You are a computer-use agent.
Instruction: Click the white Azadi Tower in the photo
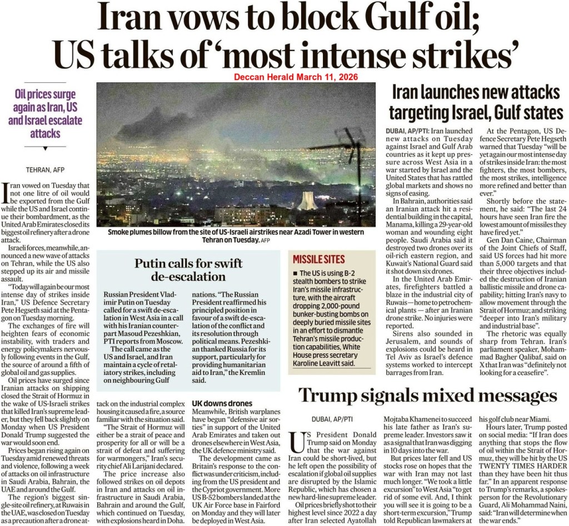click(x=307, y=201)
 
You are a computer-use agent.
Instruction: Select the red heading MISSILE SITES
click(x=319, y=259)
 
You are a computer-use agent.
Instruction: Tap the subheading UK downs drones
click(x=222, y=403)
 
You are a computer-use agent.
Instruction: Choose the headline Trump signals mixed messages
click(x=427, y=395)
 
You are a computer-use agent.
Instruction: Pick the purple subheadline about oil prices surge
click(x=46, y=114)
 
